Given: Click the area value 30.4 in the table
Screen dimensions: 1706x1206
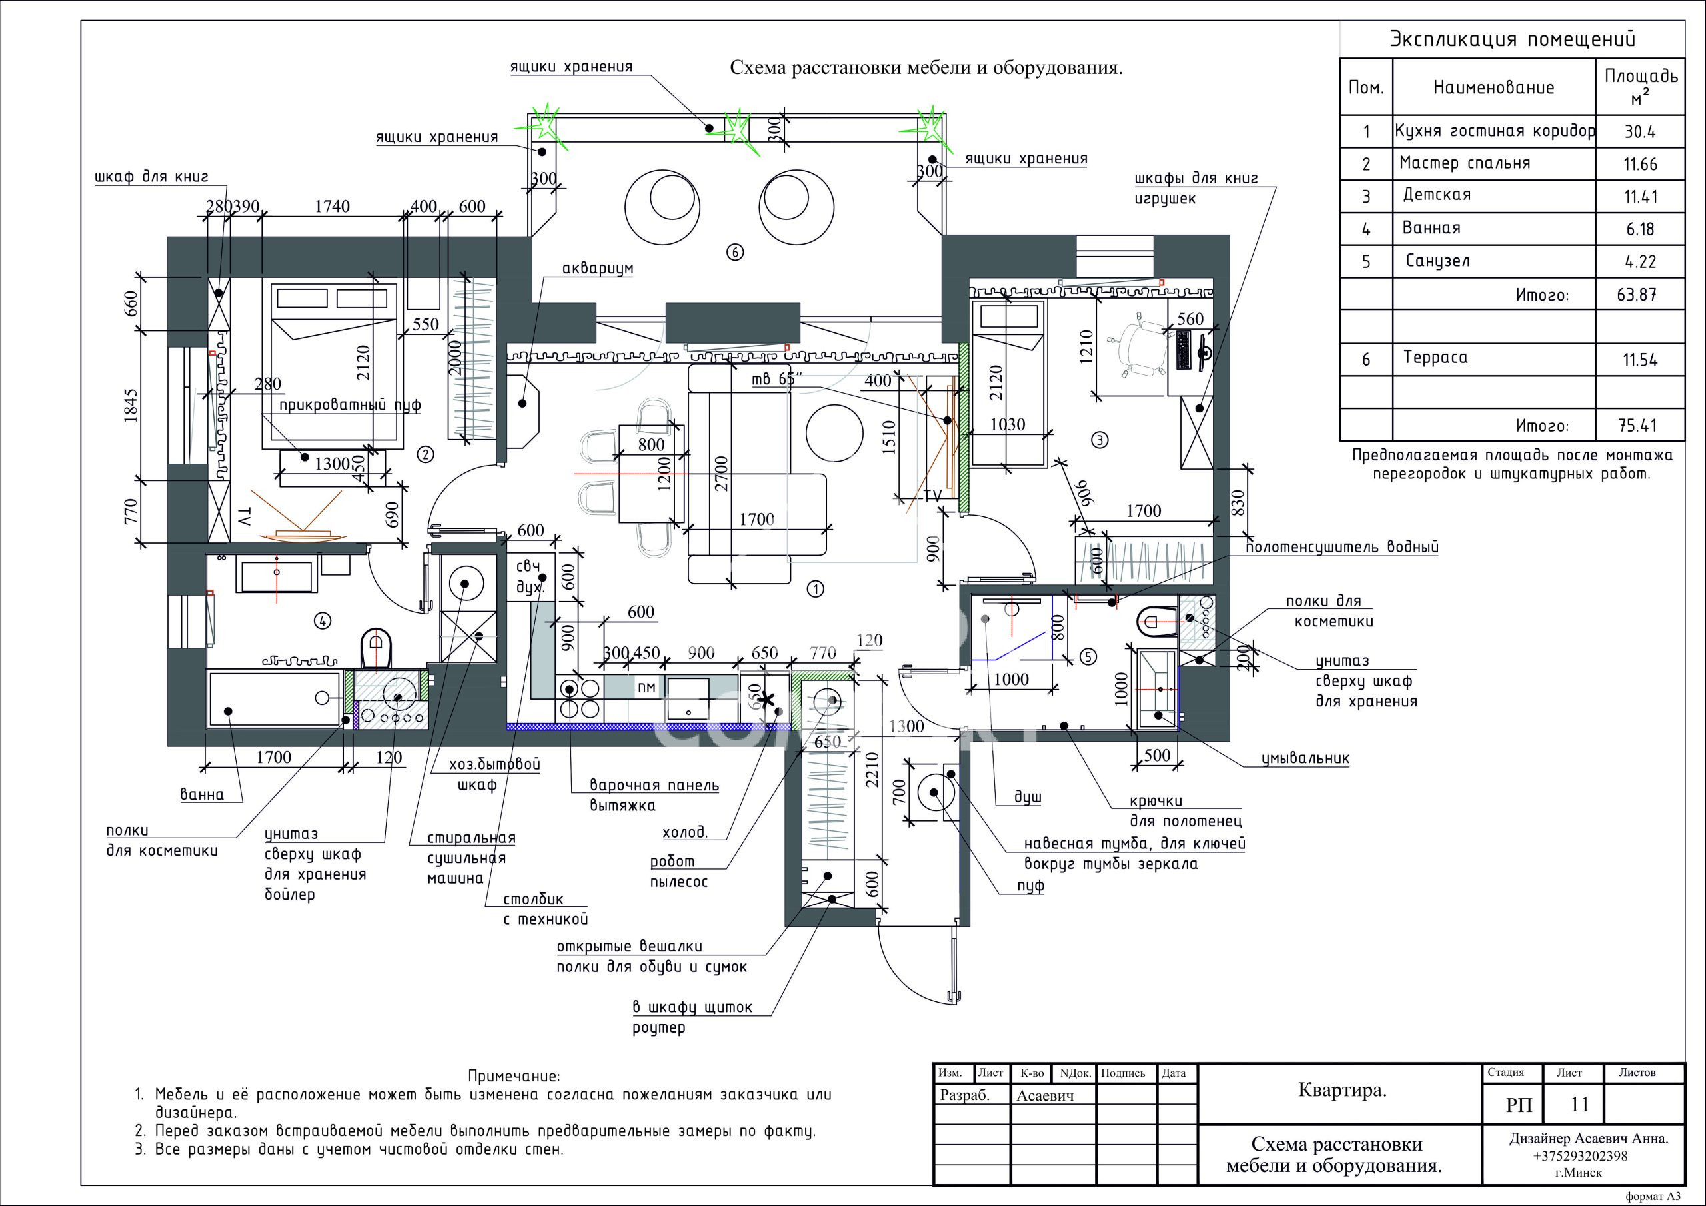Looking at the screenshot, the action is point(1640,131).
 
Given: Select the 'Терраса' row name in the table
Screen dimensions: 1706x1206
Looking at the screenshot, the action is point(1435,357).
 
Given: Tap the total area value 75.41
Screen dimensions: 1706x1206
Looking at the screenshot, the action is point(1637,426).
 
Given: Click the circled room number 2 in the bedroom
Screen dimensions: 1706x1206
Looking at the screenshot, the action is point(426,454).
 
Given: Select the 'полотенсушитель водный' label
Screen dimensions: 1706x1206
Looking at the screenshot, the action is point(1343,548).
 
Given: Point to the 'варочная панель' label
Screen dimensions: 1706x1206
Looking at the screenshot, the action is point(654,785).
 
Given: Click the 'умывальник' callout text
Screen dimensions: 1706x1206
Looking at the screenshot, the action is point(1305,759).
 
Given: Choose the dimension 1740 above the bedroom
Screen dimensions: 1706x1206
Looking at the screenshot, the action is point(332,206).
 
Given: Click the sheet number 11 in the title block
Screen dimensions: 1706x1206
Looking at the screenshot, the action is point(1579,1105).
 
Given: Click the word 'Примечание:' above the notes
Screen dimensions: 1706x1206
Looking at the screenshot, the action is point(514,1076).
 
